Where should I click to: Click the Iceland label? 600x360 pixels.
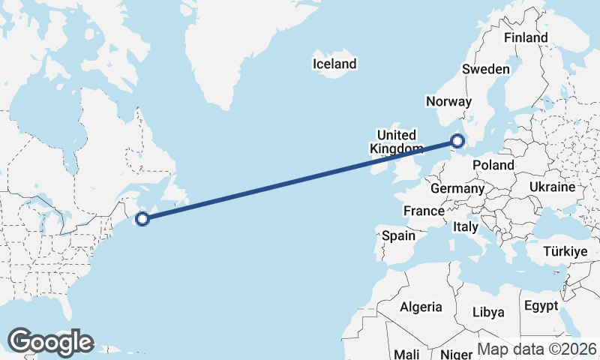[x=334, y=64]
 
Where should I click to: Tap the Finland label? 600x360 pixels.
[x=526, y=37]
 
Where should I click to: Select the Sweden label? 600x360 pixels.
[x=486, y=69]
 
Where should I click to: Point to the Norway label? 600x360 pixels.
[x=448, y=101]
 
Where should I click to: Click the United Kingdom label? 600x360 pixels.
[x=395, y=142]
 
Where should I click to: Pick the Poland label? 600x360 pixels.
[x=493, y=165]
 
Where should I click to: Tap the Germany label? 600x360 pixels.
[x=457, y=188]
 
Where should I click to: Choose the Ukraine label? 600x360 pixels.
[x=552, y=187]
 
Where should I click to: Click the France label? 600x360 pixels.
[x=424, y=211]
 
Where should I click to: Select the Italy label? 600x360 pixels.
[x=466, y=226]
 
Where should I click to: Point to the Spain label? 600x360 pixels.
[x=398, y=235]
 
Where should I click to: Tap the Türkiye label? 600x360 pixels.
[x=565, y=252]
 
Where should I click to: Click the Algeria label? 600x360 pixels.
[x=421, y=307]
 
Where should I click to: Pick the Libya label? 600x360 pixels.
[x=488, y=312]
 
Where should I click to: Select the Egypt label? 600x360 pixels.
[x=541, y=306]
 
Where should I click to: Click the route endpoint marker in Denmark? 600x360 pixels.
[x=457, y=140]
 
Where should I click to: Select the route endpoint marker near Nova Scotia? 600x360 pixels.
[x=141, y=219]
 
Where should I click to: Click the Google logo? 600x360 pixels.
[x=50, y=341]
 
